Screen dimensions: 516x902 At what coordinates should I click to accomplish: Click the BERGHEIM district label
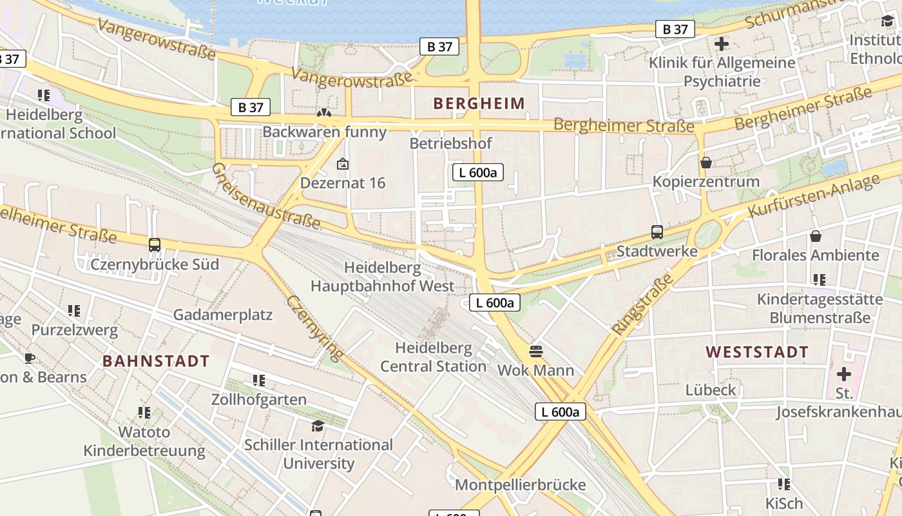(479, 103)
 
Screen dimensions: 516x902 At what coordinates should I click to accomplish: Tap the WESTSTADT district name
(756, 352)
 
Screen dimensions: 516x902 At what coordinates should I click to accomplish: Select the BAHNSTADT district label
(156, 361)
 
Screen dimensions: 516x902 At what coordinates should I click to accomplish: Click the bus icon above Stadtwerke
(657, 232)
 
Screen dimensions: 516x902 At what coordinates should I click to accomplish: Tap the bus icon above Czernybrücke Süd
(155, 245)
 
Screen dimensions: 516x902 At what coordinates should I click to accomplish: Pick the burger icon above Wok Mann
(536, 352)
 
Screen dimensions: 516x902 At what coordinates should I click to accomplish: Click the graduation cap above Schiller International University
(318, 426)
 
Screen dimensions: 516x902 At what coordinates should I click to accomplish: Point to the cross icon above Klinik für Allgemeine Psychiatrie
(722, 44)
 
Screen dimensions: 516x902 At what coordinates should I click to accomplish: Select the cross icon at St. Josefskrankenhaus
(843, 373)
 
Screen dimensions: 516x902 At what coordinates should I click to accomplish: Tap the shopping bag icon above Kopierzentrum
(706, 163)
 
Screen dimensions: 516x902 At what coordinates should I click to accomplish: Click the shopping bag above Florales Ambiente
(816, 236)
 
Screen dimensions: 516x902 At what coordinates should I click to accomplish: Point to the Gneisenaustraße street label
(265, 196)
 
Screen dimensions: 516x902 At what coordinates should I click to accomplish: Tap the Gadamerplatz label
(222, 315)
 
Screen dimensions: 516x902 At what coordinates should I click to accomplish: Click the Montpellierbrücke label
(521, 485)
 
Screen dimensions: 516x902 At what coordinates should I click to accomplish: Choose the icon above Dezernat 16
(343, 164)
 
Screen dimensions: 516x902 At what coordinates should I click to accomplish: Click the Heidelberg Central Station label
(433, 357)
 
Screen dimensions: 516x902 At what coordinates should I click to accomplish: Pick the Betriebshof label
(450, 143)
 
